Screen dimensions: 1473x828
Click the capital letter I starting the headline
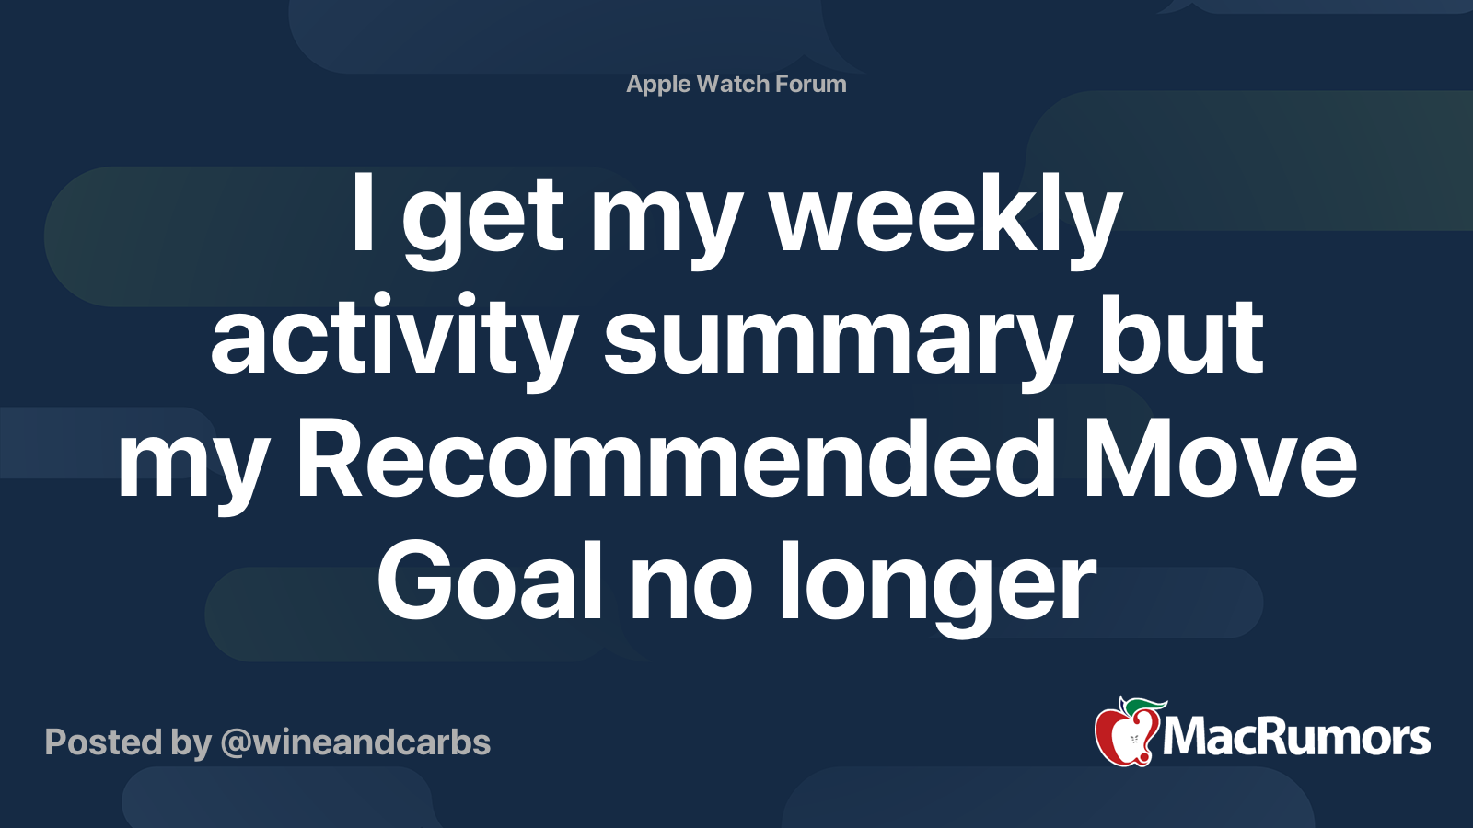(363, 213)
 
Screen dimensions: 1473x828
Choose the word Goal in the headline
(489, 581)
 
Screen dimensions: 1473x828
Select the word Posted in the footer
(104, 742)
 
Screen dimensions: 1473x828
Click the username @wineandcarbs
(355, 742)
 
